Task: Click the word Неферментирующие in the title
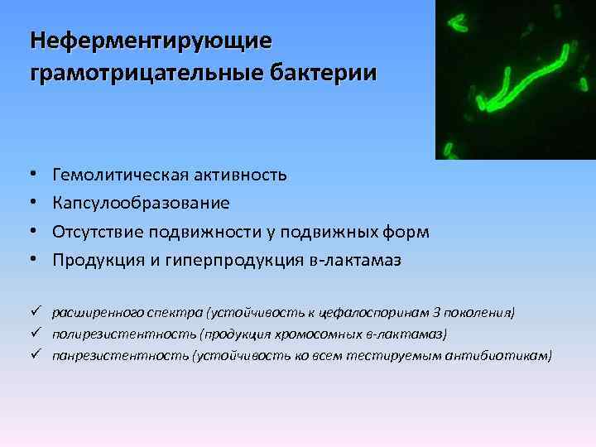click(x=149, y=41)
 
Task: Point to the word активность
click(x=242, y=175)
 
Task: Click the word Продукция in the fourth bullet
click(x=93, y=260)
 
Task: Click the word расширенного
click(x=94, y=313)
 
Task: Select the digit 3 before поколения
click(x=437, y=313)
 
